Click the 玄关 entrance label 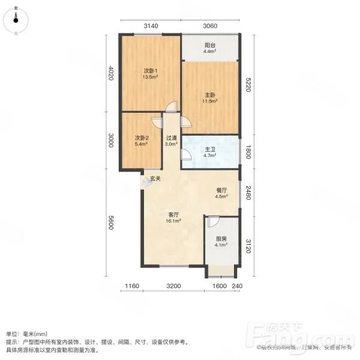click(155, 178)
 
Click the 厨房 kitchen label click(221, 239)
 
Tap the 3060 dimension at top click(209, 25)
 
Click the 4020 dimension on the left click(110, 75)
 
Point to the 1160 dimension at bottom click(133, 286)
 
